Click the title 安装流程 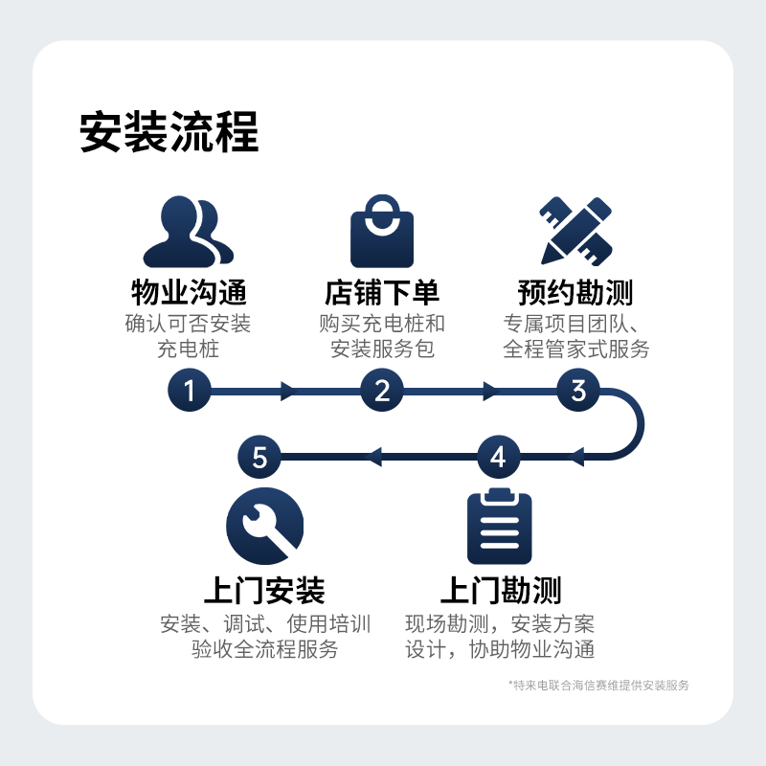[x=169, y=132]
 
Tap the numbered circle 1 [x=189, y=391]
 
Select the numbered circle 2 [x=382, y=391]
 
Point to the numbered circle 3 [x=578, y=391]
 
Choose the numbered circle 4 [x=498, y=458]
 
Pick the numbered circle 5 [x=259, y=458]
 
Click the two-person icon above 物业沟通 [x=188, y=232]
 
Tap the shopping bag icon [x=382, y=231]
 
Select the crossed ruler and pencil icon [x=576, y=231]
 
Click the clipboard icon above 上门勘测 [x=499, y=526]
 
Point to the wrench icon [x=265, y=526]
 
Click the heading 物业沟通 [x=189, y=292]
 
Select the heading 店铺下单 [x=382, y=292]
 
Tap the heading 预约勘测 [x=575, y=292]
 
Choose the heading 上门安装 [x=265, y=590]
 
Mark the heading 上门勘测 [x=501, y=590]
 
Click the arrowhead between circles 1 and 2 [x=289, y=391]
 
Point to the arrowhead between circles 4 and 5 [x=373, y=458]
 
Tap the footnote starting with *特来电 [x=598, y=686]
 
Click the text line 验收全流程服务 [x=265, y=649]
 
